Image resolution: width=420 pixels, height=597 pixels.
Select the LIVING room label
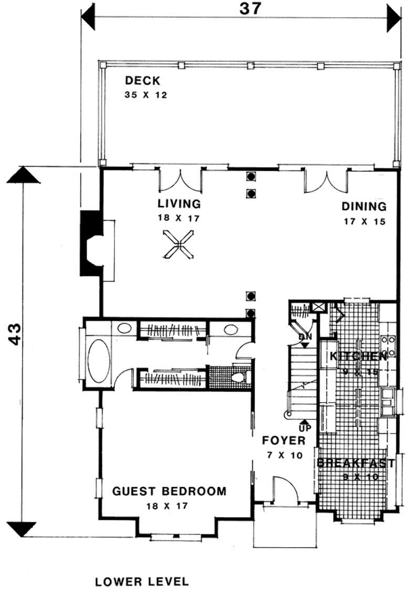(x=180, y=203)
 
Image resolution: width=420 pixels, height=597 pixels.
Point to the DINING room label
(x=364, y=207)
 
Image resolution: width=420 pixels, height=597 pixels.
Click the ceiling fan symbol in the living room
(x=178, y=244)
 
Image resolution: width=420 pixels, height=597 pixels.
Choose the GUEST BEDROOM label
(x=170, y=491)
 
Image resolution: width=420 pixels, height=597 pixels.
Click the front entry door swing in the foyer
(x=286, y=489)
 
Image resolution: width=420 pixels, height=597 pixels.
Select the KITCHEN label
(x=358, y=356)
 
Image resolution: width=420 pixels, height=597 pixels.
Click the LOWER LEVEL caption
(x=142, y=581)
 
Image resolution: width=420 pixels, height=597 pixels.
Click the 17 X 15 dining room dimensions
(x=364, y=221)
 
